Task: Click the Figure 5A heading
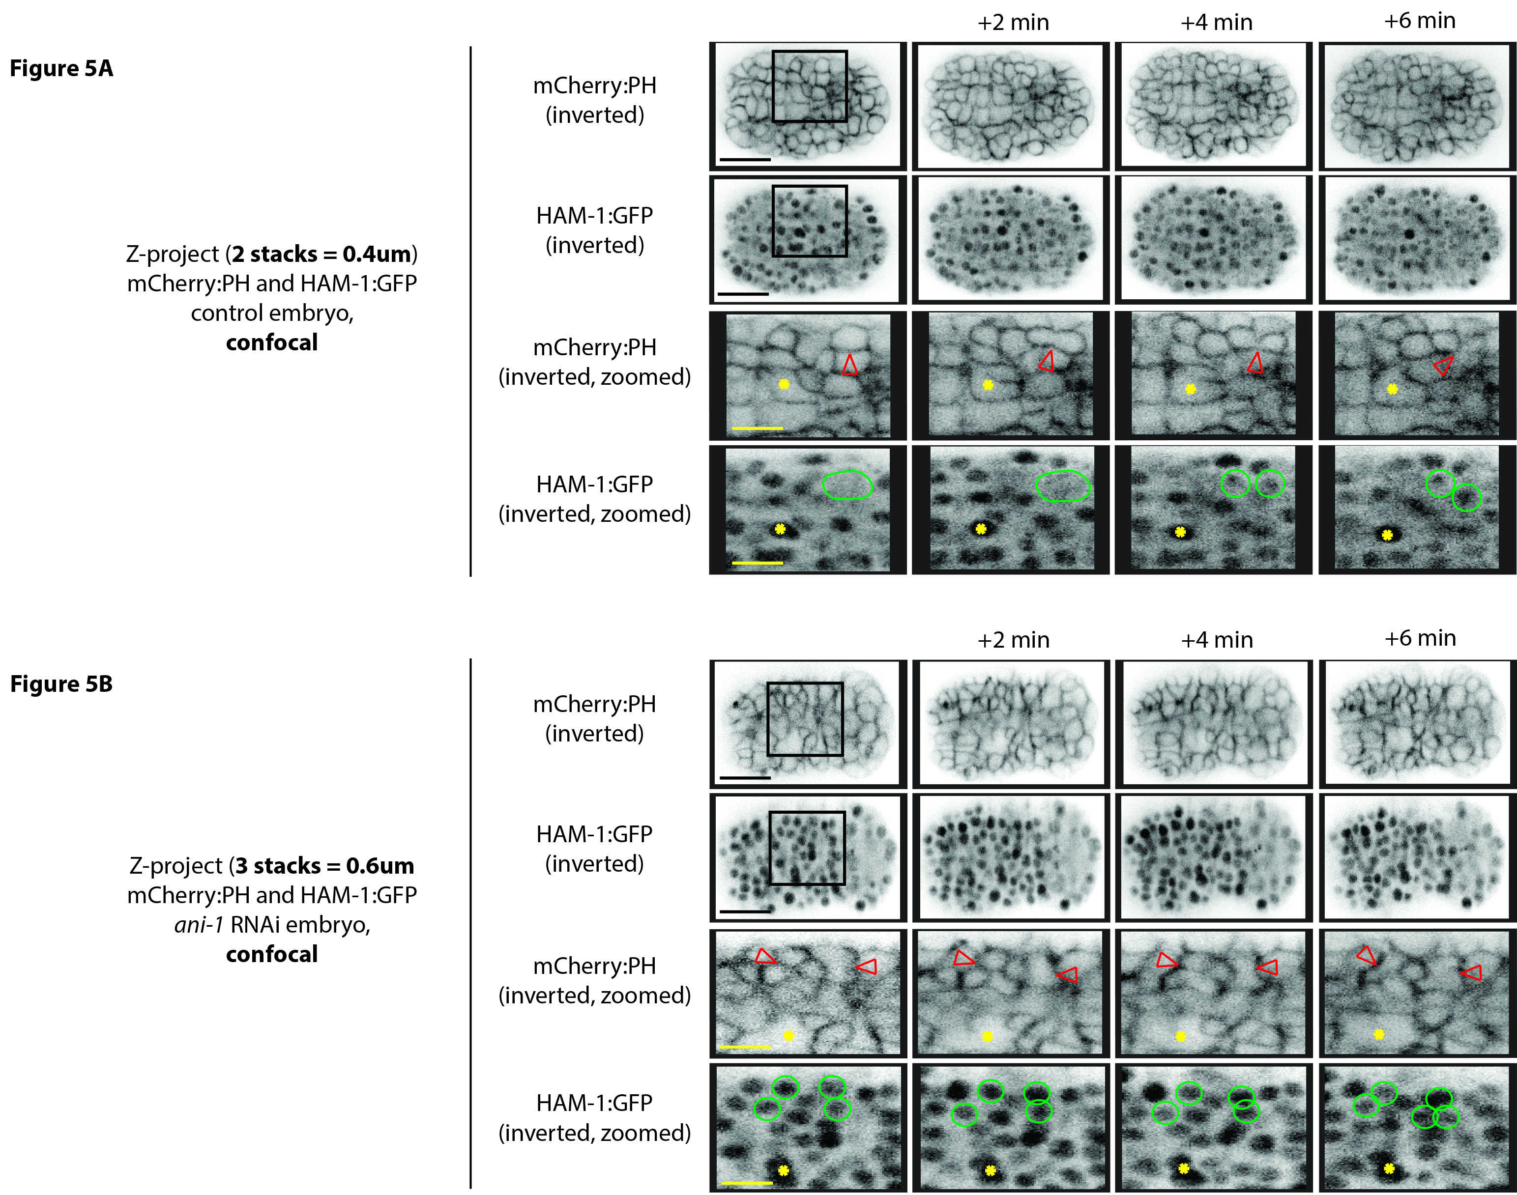pyautogui.click(x=61, y=69)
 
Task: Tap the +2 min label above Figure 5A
pyautogui.click(x=1013, y=23)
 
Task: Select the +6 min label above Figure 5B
pyautogui.click(x=1420, y=638)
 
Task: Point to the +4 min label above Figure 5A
pyautogui.click(x=1216, y=23)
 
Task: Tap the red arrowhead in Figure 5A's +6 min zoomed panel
pyautogui.click(x=1443, y=365)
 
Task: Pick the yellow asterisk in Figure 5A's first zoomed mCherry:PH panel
pyautogui.click(x=784, y=384)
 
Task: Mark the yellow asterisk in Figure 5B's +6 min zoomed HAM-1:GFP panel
pyautogui.click(x=1389, y=1168)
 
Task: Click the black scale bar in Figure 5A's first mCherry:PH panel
pyautogui.click(x=745, y=160)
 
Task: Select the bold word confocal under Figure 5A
pyautogui.click(x=272, y=343)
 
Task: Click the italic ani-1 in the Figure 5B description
pyautogui.click(x=199, y=925)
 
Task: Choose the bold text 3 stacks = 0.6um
pyautogui.click(x=325, y=866)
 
